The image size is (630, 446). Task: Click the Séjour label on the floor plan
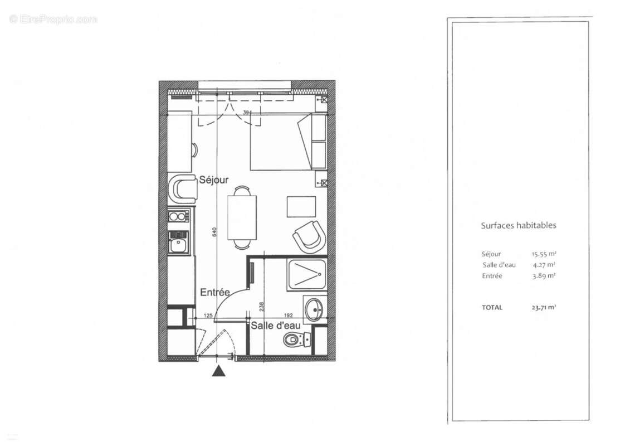click(x=214, y=180)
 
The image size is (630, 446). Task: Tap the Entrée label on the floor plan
click(x=215, y=292)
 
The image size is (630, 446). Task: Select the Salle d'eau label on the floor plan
click(x=275, y=326)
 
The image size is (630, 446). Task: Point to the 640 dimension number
click(x=214, y=233)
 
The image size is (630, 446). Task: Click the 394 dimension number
click(x=247, y=113)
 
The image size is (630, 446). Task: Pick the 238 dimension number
click(x=261, y=307)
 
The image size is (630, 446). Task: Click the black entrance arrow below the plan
click(x=219, y=371)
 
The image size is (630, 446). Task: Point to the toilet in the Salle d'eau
click(x=295, y=339)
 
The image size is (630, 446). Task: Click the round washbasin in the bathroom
click(x=315, y=308)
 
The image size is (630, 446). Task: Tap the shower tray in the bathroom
click(x=307, y=274)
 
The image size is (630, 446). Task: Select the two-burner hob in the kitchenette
click(x=180, y=216)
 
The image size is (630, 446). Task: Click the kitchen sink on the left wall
click(x=180, y=243)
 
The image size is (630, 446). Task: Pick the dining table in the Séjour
click(x=242, y=217)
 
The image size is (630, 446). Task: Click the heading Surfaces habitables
click(x=518, y=226)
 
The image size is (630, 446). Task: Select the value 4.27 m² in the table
click(x=544, y=265)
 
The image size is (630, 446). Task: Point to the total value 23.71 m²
click(x=544, y=307)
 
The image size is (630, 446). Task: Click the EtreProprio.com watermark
click(x=53, y=20)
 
